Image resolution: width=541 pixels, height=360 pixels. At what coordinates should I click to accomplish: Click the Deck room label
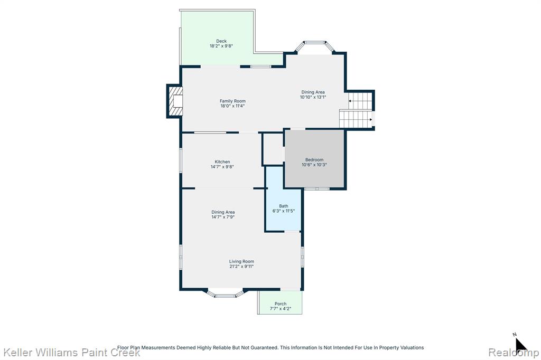[x=221, y=41]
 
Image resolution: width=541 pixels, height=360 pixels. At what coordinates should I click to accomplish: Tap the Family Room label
[x=232, y=101]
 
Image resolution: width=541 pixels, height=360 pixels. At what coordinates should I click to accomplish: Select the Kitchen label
[x=222, y=162]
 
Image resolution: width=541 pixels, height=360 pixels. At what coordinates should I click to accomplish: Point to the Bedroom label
[x=314, y=159]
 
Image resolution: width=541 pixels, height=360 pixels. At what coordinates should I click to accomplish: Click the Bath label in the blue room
[x=284, y=206]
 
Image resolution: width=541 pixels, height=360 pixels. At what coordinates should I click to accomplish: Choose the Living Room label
[x=241, y=261]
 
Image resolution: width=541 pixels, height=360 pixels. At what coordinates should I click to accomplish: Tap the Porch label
[x=281, y=304]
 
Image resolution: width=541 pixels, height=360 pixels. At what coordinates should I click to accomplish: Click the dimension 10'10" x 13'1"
[x=313, y=97]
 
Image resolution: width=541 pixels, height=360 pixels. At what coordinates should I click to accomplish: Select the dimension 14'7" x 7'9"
[x=223, y=217]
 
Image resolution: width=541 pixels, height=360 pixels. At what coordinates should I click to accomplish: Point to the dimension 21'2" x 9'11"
[x=241, y=266]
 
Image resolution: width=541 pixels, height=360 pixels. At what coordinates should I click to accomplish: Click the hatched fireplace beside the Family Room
[x=174, y=101]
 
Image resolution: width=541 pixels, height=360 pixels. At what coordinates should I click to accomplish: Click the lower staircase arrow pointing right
[x=370, y=120]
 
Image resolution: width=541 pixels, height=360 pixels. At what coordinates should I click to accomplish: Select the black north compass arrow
[x=520, y=345]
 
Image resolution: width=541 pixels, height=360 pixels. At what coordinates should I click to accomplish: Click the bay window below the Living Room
[x=225, y=293]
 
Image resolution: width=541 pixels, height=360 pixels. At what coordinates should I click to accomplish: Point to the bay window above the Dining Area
[x=315, y=46]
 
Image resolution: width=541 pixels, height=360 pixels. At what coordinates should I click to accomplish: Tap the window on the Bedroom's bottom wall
[x=317, y=188]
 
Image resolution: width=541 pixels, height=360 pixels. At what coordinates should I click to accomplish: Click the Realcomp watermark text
[x=514, y=353]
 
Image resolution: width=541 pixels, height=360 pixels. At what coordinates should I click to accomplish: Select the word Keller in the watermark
[x=17, y=353]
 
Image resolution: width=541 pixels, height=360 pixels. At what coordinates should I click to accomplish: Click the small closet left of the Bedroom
[x=273, y=149]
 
